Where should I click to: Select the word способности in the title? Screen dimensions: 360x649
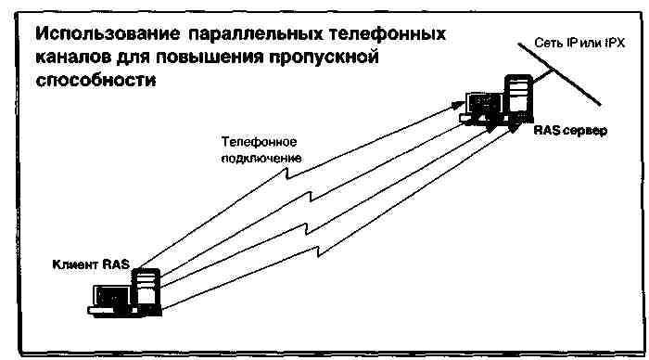pos(92,80)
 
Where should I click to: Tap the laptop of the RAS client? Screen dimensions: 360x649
pos(110,297)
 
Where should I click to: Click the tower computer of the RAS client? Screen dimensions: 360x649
pos(146,289)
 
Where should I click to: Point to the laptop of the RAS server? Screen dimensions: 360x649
pos(481,105)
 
